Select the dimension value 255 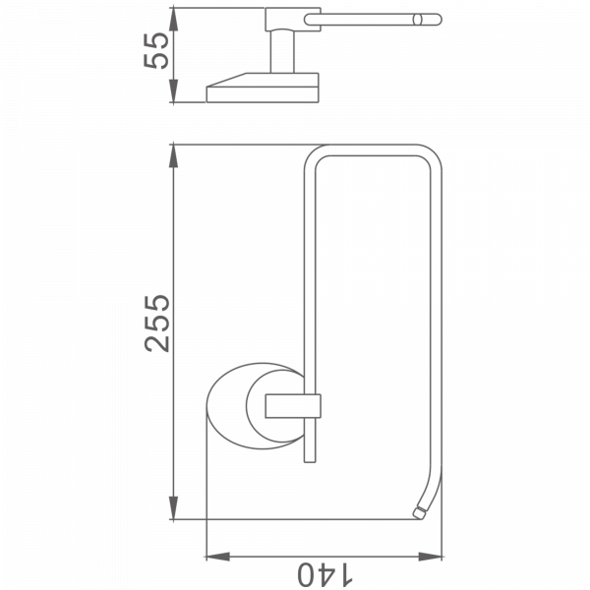point(157,322)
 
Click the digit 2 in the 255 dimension point(157,342)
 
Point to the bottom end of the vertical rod point(308,458)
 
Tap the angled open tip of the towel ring point(420,510)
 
